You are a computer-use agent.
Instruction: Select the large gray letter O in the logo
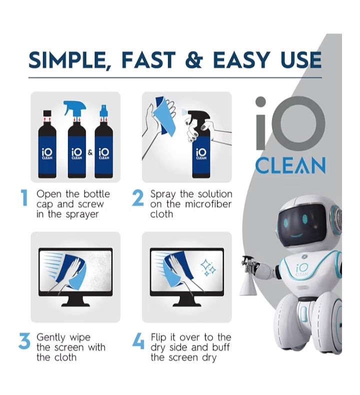300,122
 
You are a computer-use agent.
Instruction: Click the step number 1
24,198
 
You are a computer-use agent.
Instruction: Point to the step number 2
138,198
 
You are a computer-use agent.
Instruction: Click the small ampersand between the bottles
90,152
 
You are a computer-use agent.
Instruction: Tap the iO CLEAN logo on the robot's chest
301,270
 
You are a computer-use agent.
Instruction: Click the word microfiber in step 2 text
204,204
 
